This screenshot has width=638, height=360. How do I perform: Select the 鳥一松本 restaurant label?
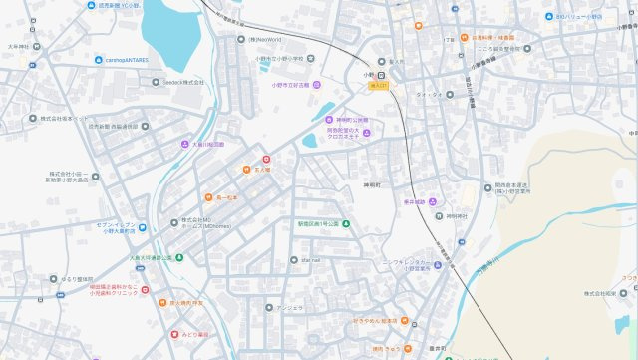[229, 196]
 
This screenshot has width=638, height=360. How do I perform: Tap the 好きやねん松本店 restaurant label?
[374, 321]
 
